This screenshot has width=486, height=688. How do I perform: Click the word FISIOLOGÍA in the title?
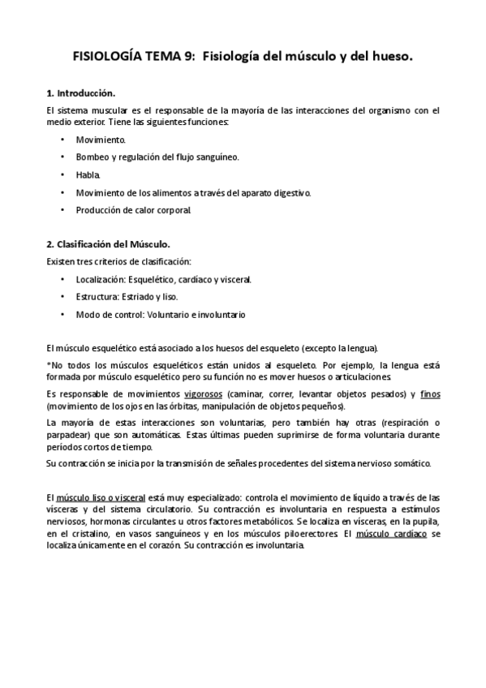pyautogui.click(x=105, y=58)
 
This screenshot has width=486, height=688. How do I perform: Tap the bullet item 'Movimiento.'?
pyautogui.click(x=101, y=140)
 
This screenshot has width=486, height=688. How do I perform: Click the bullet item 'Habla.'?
pyautogui.click(x=88, y=174)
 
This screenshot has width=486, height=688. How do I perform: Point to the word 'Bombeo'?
pyautogui.click(x=92, y=157)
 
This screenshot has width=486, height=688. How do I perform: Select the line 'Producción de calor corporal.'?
pyautogui.click(x=134, y=210)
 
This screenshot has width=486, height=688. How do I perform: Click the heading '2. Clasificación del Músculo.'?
pyautogui.click(x=108, y=244)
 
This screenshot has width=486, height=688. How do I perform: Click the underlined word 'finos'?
pyautogui.click(x=430, y=393)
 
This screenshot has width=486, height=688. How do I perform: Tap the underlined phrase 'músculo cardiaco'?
pyautogui.click(x=393, y=535)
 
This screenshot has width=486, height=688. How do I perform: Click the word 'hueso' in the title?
pyautogui.click(x=394, y=58)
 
